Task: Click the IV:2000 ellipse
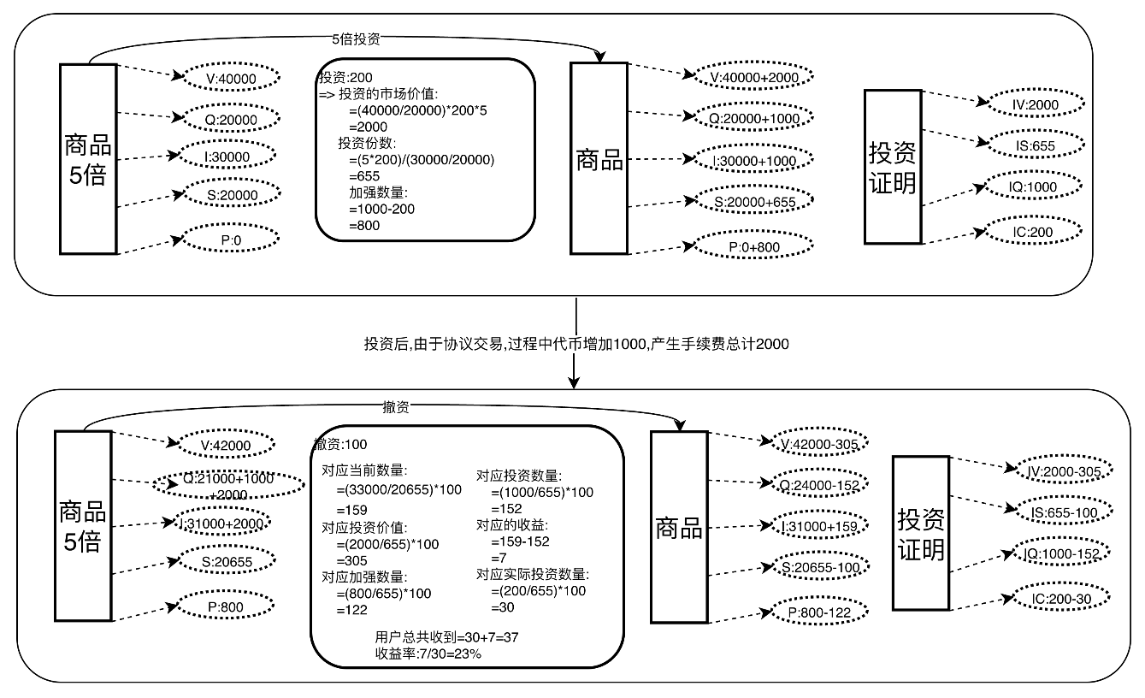coord(1036,104)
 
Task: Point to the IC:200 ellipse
coord(1036,230)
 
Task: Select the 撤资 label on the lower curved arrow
coord(396,408)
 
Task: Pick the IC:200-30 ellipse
coord(1061,597)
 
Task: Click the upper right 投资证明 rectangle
coord(892,167)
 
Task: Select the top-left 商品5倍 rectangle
coord(87,158)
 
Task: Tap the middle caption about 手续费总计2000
coord(576,344)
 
